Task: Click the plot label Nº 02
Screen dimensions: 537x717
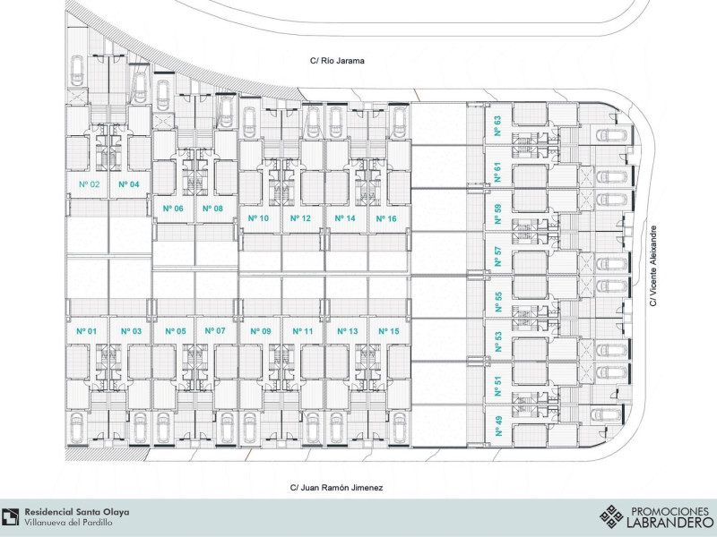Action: point(88,184)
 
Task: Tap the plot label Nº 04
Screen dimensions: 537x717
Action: point(129,184)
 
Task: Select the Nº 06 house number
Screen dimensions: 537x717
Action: point(173,209)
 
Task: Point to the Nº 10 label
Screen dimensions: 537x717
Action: point(259,217)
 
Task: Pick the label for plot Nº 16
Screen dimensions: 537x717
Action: point(386,217)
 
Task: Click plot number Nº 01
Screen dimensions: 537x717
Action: point(87,331)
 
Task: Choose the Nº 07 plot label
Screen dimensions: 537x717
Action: point(215,331)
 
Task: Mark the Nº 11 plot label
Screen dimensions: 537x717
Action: point(303,331)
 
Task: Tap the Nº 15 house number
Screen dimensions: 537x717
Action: point(389,331)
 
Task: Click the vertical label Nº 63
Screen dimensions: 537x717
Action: point(497,126)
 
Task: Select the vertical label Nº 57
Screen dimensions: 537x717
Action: point(497,256)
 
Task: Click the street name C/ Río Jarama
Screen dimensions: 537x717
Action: point(338,62)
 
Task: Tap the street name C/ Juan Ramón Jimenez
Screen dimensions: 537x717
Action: point(336,488)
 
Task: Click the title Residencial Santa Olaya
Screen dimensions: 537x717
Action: point(76,512)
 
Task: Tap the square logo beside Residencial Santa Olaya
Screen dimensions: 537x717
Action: point(11,516)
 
